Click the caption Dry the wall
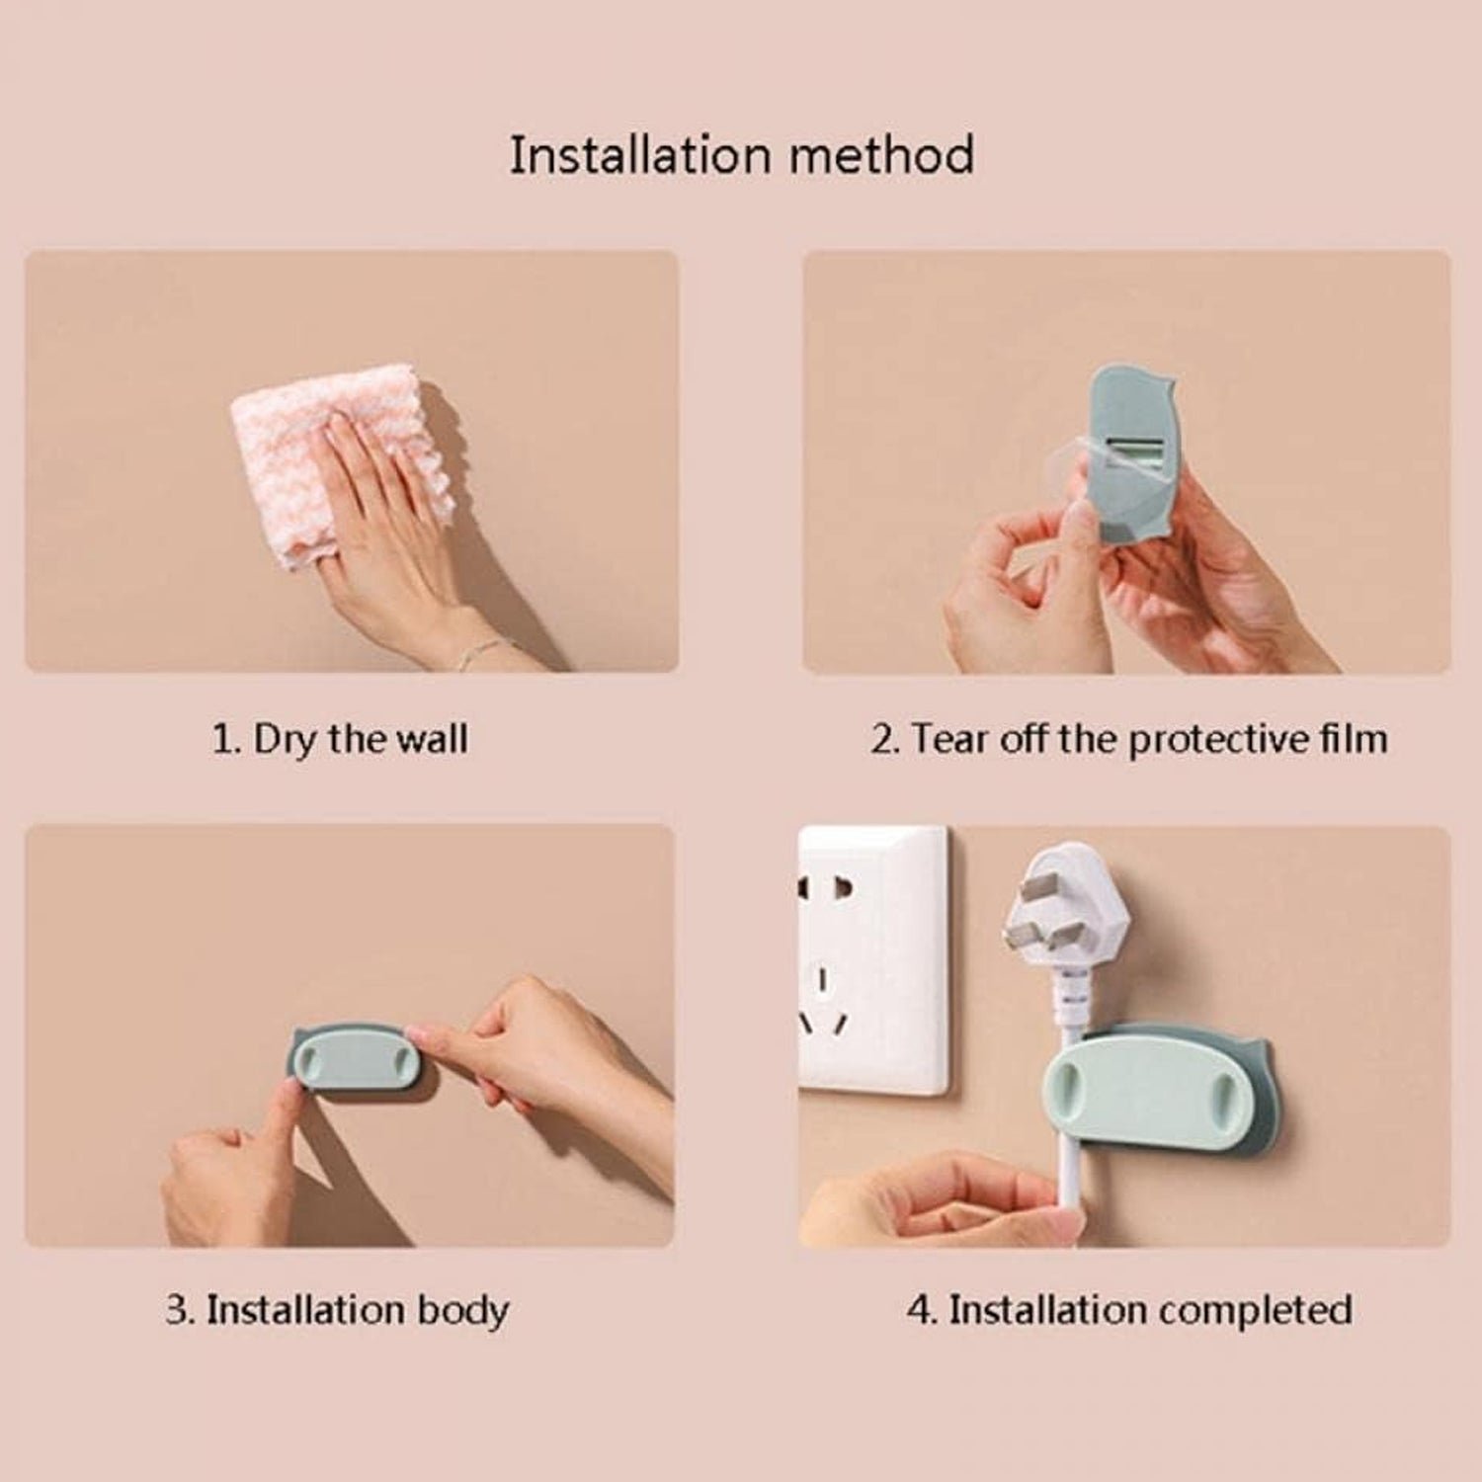coord(361,739)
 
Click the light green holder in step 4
coord(1146,1097)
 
